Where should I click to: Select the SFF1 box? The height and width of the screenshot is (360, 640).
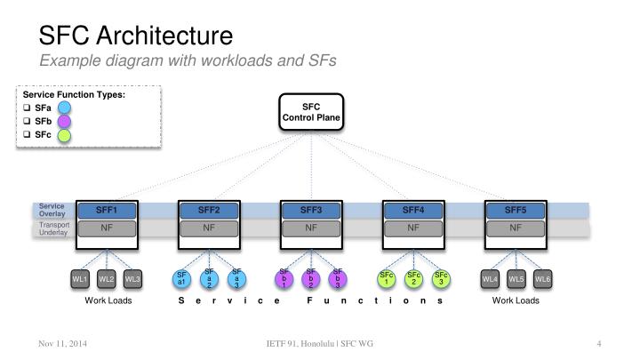106,211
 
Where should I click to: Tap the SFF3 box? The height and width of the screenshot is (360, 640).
311,211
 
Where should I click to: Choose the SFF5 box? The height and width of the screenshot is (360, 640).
516,211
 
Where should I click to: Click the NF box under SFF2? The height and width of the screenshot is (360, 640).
209,228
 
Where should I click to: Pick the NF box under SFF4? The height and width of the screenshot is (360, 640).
413,228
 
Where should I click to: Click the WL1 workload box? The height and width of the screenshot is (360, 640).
80,280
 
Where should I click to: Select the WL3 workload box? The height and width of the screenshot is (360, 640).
132,280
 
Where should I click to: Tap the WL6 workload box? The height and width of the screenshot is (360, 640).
543,280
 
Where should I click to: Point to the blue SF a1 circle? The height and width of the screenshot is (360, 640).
181,280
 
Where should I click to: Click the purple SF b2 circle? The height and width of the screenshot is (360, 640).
311,279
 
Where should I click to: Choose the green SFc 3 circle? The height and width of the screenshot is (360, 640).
441,279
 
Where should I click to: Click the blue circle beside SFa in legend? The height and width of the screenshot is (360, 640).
64,108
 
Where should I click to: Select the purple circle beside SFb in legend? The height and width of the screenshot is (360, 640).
64,122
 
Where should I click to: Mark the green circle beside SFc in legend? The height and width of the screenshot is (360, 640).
64,136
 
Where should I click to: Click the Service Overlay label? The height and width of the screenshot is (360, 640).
52,211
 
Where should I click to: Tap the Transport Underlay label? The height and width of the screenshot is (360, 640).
53,228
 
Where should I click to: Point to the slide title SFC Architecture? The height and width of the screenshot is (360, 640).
136,36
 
